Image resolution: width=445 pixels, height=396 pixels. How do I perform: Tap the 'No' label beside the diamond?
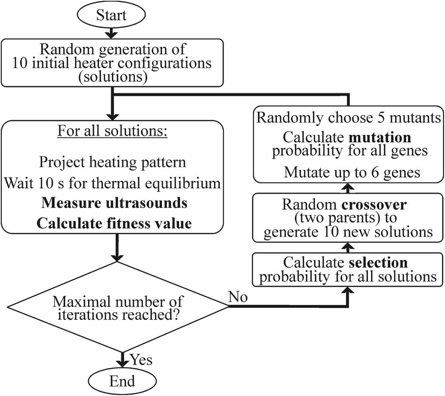(238, 297)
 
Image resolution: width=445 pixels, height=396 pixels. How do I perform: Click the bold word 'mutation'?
(381, 137)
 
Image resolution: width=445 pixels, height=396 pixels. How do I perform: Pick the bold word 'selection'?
(378, 263)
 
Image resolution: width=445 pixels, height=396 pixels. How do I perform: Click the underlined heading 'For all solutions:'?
(112, 131)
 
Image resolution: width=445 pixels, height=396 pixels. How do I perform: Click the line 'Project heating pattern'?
(112, 162)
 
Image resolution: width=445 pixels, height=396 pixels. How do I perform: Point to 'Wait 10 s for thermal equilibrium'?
(112, 183)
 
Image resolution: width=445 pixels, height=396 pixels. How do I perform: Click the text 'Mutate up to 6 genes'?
(352, 173)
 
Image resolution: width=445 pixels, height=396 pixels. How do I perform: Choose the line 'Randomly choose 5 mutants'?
(349, 118)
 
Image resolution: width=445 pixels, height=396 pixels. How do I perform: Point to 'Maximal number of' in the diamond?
(118, 301)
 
